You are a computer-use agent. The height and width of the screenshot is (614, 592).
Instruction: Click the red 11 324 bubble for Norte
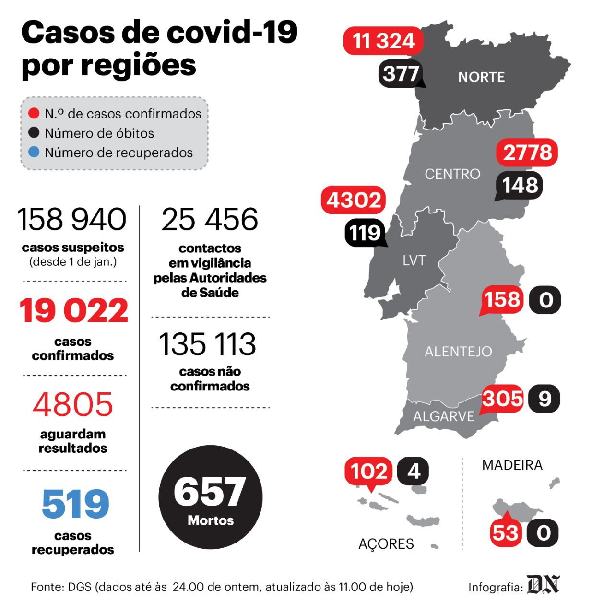(x=383, y=41)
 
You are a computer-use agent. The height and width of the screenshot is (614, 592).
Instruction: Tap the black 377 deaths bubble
(x=401, y=74)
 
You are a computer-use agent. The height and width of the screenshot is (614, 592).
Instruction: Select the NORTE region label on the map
(x=481, y=77)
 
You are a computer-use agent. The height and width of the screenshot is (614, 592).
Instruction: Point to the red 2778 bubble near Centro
(x=527, y=153)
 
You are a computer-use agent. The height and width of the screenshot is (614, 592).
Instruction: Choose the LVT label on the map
(x=414, y=260)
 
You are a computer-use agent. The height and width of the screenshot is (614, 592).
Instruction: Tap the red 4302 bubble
(x=353, y=200)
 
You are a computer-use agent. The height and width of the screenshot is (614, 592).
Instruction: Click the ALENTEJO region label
(x=458, y=352)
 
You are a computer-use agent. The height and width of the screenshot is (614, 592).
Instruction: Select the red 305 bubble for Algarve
(x=502, y=399)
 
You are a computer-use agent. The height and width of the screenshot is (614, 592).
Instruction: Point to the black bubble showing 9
(x=545, y=399)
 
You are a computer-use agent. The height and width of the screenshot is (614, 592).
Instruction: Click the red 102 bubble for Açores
(x=368, y=472)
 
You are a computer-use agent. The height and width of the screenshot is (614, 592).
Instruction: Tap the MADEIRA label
(x=512, y=465)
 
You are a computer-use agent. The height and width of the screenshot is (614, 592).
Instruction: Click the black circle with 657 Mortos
(x=211, y=497)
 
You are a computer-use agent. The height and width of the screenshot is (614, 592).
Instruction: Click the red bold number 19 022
(x=74, y=311)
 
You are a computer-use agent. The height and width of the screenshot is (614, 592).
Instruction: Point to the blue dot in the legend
(x=34, y=152)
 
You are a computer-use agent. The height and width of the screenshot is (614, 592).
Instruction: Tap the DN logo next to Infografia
(x=544, y=585)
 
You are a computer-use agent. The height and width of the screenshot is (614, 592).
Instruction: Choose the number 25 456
(x=210, y=219)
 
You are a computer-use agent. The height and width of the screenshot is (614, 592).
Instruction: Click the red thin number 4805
(x=72, y=405)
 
